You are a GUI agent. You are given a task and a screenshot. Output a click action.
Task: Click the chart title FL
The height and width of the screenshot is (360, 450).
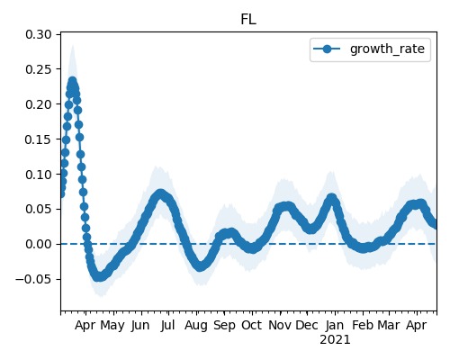pos(248,20)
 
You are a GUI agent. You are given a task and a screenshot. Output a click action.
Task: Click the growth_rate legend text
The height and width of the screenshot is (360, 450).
pos(387,49)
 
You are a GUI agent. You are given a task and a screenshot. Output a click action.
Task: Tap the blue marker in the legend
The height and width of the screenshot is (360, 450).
pos(327,49)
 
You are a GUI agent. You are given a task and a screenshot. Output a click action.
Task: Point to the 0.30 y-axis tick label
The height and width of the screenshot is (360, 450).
pos(39,34)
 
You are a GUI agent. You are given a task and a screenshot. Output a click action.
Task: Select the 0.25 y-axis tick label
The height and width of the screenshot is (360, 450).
pos(39,69)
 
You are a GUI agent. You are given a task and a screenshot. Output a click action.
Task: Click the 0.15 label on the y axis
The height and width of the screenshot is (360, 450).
pos(39,139)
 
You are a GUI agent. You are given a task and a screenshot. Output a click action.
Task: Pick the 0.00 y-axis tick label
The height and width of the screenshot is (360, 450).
pos(39,244)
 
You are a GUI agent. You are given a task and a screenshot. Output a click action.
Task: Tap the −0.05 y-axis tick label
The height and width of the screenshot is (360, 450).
pos(33,279)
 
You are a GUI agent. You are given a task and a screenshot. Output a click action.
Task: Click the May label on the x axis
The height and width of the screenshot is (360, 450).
pos(112,326)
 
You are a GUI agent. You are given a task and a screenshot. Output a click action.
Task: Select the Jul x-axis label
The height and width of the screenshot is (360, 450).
pos(167,326)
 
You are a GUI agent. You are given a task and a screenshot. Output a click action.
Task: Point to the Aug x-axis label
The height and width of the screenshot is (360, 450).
pos(196,326)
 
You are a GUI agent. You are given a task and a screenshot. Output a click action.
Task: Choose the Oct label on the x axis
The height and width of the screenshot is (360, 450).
pos(252,326)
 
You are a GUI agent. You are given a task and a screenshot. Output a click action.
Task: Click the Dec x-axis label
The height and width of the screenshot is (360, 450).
pos(307,326)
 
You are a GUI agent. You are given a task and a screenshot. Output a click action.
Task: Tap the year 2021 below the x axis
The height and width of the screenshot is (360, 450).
pos(335,340)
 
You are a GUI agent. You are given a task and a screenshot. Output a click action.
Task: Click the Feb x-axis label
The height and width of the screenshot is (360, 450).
pos(363,326)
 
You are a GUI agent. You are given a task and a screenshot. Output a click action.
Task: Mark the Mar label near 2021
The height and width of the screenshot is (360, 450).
pos(389,326)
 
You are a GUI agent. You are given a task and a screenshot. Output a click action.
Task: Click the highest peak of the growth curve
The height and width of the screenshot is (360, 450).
pos(72,81)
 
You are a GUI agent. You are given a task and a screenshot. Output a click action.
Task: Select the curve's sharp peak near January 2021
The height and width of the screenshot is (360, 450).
pos(332,198)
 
